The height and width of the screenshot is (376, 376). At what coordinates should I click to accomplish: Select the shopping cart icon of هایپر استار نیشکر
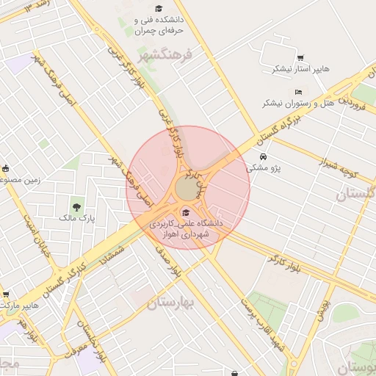pos(300,57)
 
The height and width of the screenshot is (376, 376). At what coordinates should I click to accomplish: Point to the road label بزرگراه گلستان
pos(275,129)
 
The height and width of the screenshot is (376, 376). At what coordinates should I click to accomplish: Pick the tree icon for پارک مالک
pos(76,206)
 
